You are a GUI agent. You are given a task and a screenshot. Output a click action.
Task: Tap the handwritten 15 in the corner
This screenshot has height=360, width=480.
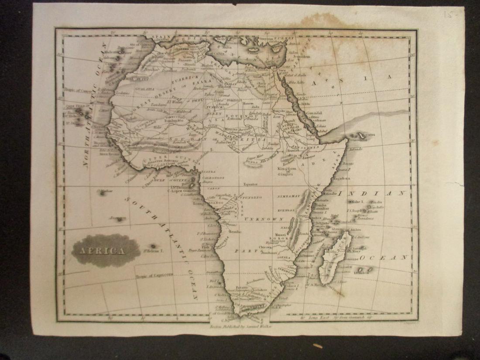click(449, 14)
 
